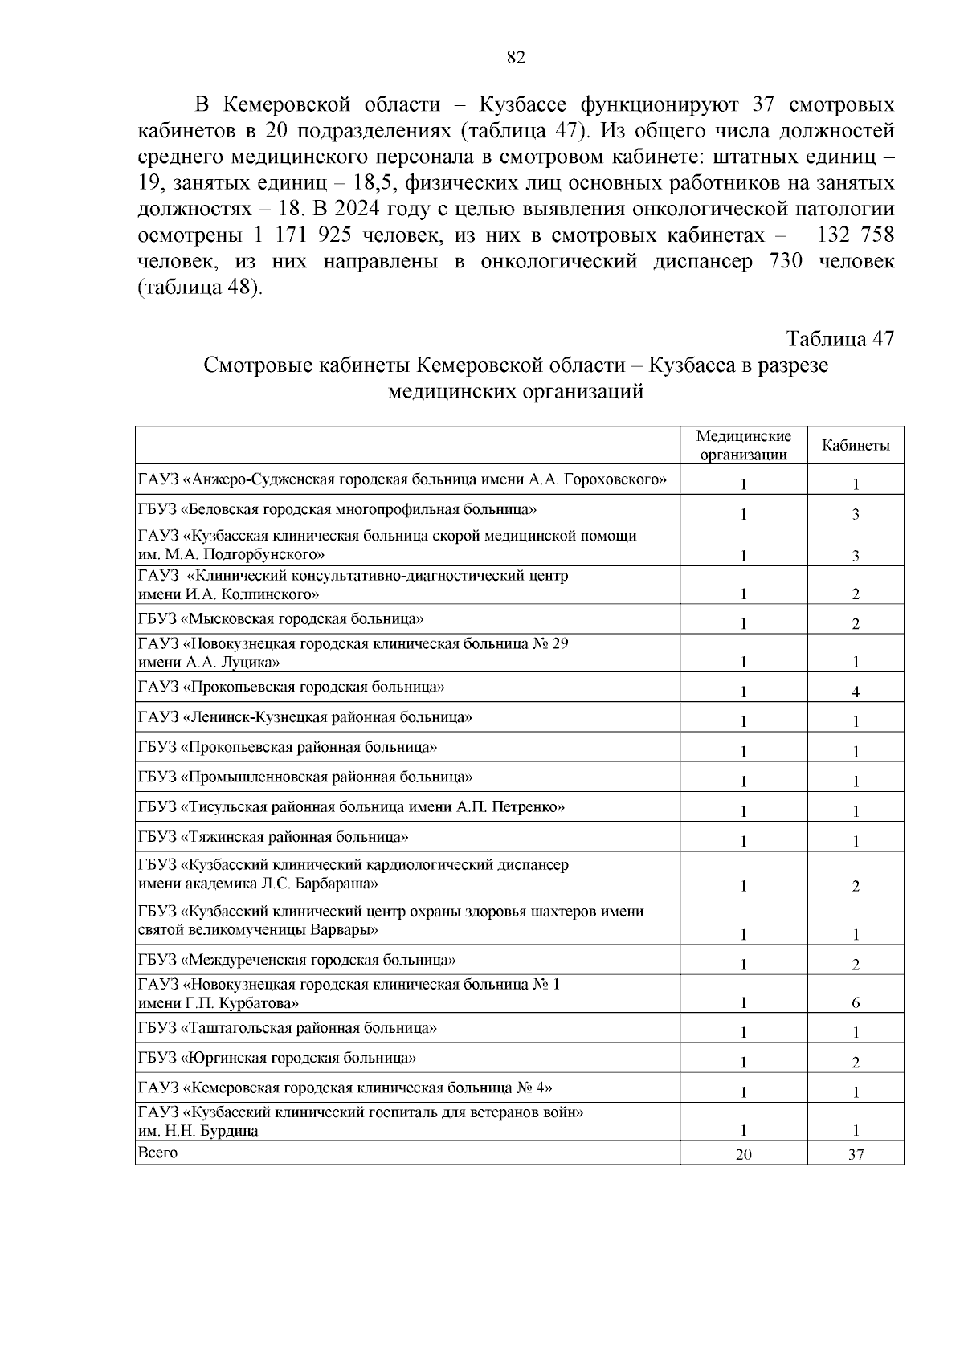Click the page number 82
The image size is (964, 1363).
pos(516,57)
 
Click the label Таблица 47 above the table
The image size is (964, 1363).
pos(839,339)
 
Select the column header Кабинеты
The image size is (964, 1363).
pos(856,446)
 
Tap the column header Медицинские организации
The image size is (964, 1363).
pos(743,445)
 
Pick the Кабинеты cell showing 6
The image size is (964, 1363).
pos(856,1002)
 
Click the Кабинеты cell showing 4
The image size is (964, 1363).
pos(856,692)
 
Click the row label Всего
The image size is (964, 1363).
pos(157,1153)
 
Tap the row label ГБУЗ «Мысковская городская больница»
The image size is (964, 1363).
pos(281,618)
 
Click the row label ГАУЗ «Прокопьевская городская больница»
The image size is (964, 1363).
pos(292,687)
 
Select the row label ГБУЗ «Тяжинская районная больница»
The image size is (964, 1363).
pos(273,837)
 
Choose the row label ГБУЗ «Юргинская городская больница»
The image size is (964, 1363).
pos(277,1058)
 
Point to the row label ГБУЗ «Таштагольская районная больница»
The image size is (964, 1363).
pos(288,1028)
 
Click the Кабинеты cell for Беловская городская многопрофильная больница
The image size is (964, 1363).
pos(856,515)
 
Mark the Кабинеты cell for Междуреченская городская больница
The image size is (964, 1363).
pos(856,965)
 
